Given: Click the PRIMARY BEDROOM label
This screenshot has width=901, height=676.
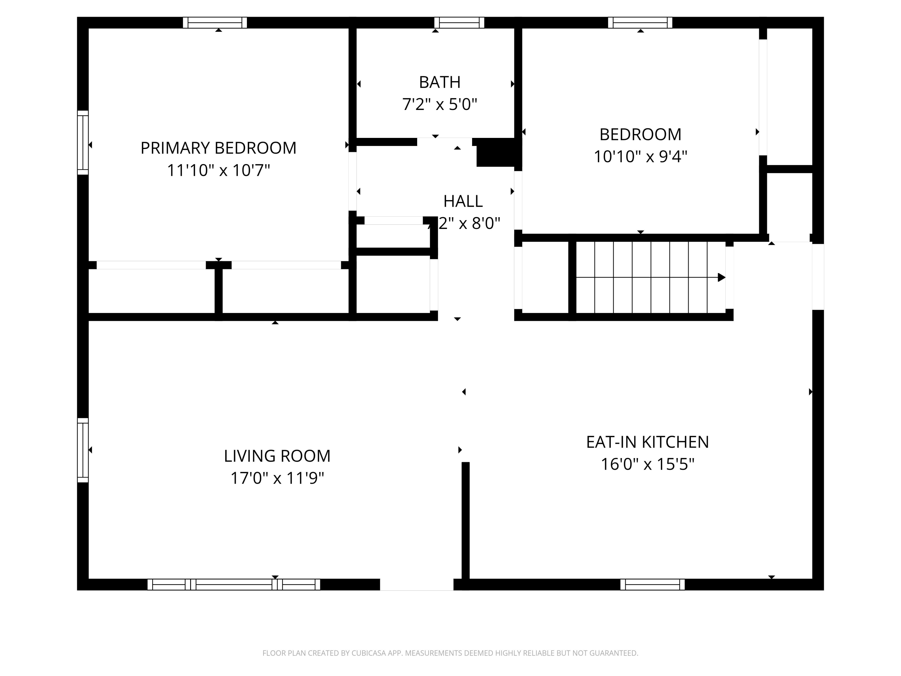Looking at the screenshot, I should click(x=218, y=148).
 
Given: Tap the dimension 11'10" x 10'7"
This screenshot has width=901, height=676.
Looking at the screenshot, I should click(x=218, y=170).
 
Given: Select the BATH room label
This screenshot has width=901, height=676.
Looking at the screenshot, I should click(x=439, y=82).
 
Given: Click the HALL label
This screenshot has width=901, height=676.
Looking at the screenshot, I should click(x=463, y=201).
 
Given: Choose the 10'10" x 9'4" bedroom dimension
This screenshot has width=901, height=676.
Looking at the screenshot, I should click(x=640, y=157).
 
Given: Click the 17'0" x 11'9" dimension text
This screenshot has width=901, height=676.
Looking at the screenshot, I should click(x=277, y=478).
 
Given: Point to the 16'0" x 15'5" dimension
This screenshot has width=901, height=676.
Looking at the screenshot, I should click(x=647, y=464).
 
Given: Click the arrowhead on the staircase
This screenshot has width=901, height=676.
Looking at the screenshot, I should click(x=721, y=278).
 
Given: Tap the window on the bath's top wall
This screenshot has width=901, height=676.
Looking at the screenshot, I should click(x=459, y=23).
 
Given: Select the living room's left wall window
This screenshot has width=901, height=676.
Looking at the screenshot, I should click(x=83, y=450).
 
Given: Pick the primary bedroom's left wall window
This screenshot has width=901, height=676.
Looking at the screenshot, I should click(x=83, y=143).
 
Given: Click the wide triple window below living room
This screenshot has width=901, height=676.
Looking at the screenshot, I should click(x=233, y=584).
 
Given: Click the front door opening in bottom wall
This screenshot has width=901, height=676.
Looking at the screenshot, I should click(x=416, y=584).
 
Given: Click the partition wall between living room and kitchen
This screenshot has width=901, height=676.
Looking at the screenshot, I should click(x=465, y=522).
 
